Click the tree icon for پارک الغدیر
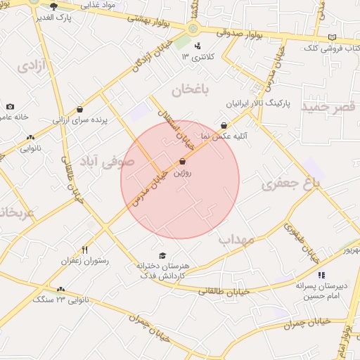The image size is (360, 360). tap(53, 6)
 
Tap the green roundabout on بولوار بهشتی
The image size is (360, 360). tap(193, 30)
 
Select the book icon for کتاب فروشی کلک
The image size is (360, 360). tap(332, 37)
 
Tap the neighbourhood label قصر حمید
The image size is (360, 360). tap(329, 106)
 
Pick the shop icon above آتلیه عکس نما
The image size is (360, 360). tap(224, 125)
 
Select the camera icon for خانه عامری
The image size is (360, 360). tap(10, 106)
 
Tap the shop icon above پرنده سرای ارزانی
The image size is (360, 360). tap(79, 109)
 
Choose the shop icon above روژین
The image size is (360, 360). tap(183, 161)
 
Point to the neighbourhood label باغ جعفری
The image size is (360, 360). tap(310, 184)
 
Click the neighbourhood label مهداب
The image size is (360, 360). tap(235, 240)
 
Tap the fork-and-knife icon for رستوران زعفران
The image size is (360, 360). tap(85, 250)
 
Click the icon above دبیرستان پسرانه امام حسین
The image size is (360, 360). tap(321, 275)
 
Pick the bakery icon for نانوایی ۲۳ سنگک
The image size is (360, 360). tap(60, 288)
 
